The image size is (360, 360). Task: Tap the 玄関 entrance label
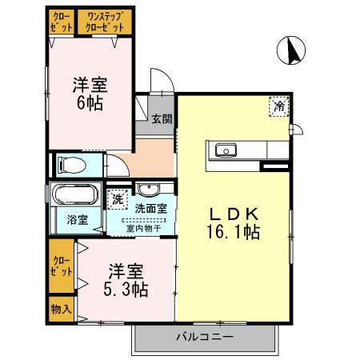[x=162, y=119]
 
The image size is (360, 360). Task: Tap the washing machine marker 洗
[x=118, y=198]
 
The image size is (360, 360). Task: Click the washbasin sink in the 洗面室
[x=148, y=190]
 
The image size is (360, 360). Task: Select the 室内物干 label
[x=145, y=227]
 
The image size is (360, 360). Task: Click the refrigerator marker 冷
[x=280, y=106]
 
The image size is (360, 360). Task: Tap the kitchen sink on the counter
[x=222, y=150]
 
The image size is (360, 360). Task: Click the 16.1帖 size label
[x=233, y=233]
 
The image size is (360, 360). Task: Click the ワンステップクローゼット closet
[x=106, y=22]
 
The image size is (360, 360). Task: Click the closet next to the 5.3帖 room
[x=61, y=266]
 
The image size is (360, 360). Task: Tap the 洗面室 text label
[x=150, y=209]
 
